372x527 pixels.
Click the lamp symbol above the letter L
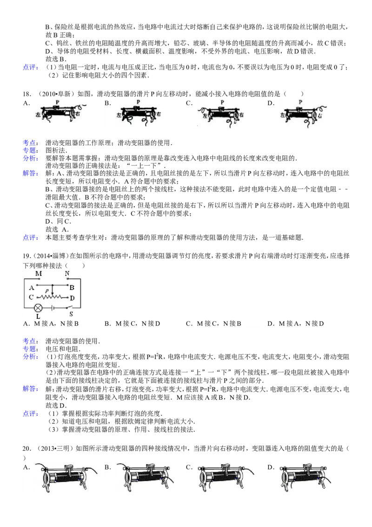tap(38, 308)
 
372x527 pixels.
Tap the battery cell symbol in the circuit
tap(53, 308)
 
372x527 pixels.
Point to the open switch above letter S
tap(69, 307)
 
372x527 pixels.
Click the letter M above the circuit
tap(39, 274)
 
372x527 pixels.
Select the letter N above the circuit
tap(67, 274)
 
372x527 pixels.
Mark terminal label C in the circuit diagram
tap(31, 297)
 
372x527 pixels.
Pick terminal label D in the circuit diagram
tap(72, 298)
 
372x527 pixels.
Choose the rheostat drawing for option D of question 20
tap(305, 478)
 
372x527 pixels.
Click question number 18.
tap(27, 94)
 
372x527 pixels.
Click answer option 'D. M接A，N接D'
tap(295, 324)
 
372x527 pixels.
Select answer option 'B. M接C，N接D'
tap(132, 324)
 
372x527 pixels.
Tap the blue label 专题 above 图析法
tap(30, 150)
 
